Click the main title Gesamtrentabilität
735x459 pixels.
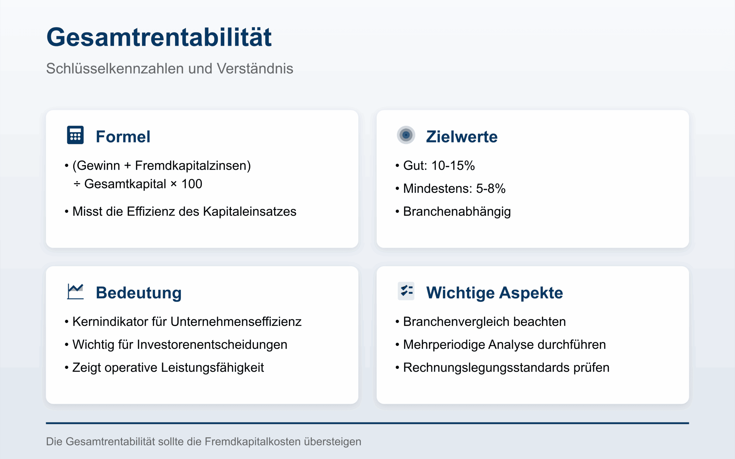pos(159,37)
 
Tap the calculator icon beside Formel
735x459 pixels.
pos(75,135)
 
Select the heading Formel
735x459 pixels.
pos(123,137)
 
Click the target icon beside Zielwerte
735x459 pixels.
pos(406,135)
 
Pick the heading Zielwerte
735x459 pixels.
pos(462,137)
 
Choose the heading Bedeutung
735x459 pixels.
pos(139,293)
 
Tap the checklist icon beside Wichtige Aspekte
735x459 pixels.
pos(406,291)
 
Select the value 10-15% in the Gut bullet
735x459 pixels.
pos(453,166)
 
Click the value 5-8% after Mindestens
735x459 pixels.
pos(490,188)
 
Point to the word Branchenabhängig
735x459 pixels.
pos(457,212)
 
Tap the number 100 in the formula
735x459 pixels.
pos(192,184)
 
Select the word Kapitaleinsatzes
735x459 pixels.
pos(250,212)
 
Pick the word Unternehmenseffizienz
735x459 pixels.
pos(236,322)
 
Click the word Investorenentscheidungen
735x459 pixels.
pos(212,345)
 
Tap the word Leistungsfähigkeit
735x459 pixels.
pos(212,367)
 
